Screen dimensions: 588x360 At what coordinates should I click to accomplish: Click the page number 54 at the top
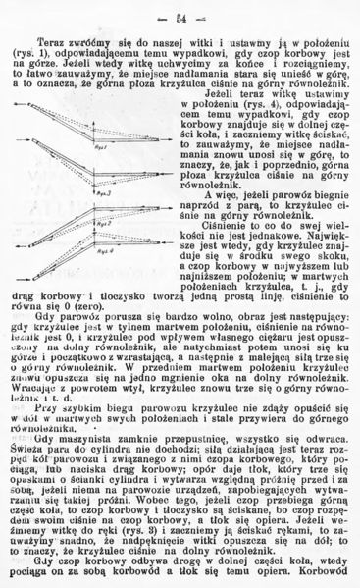point(181,18)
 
